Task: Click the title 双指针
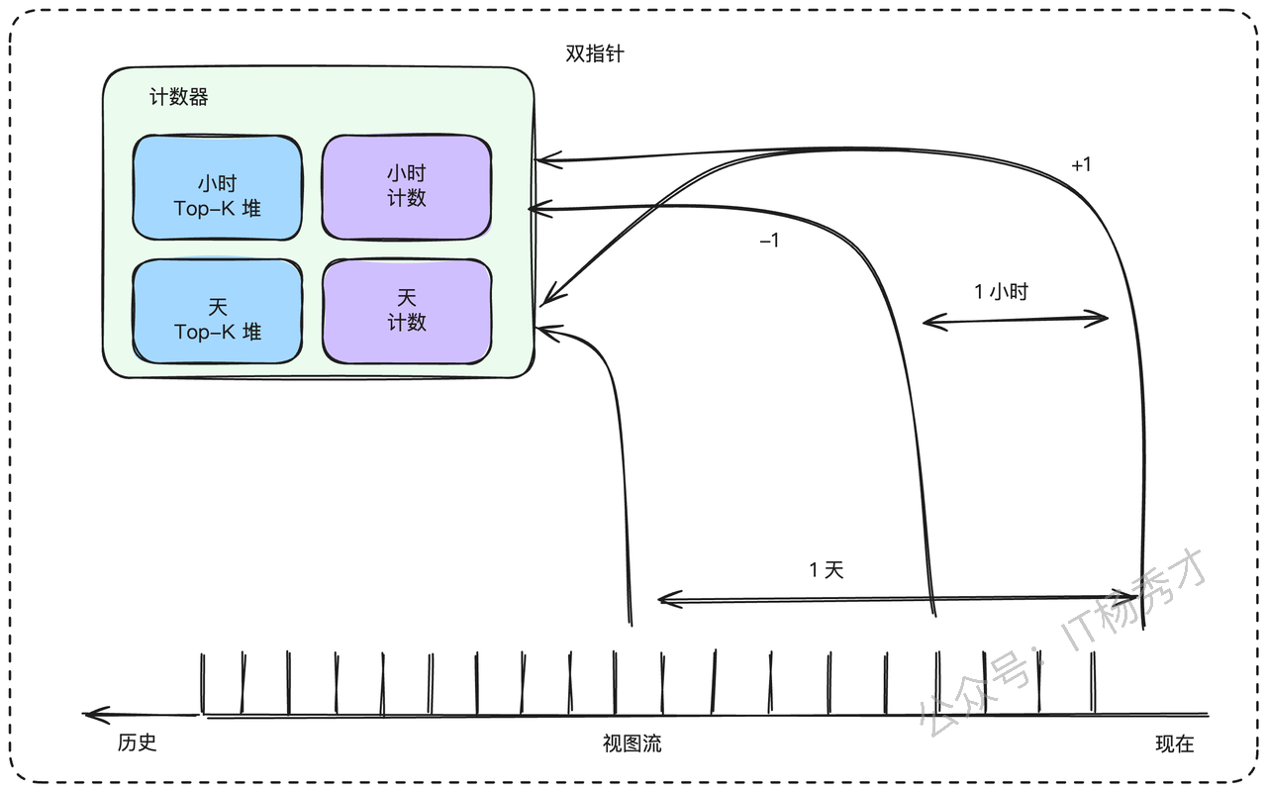595,53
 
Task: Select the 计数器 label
179,97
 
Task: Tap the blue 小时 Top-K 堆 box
217,187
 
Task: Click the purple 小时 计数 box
407,187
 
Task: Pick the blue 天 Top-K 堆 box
217,311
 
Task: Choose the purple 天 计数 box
407,311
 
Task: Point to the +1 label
1081,164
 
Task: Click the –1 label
769,241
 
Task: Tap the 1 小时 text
1001,292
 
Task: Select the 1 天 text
827,569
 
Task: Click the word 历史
137,742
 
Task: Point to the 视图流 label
632,743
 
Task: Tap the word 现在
1175,743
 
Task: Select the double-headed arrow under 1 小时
1016,320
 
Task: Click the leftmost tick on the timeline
203,683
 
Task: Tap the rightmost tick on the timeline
1093,682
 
